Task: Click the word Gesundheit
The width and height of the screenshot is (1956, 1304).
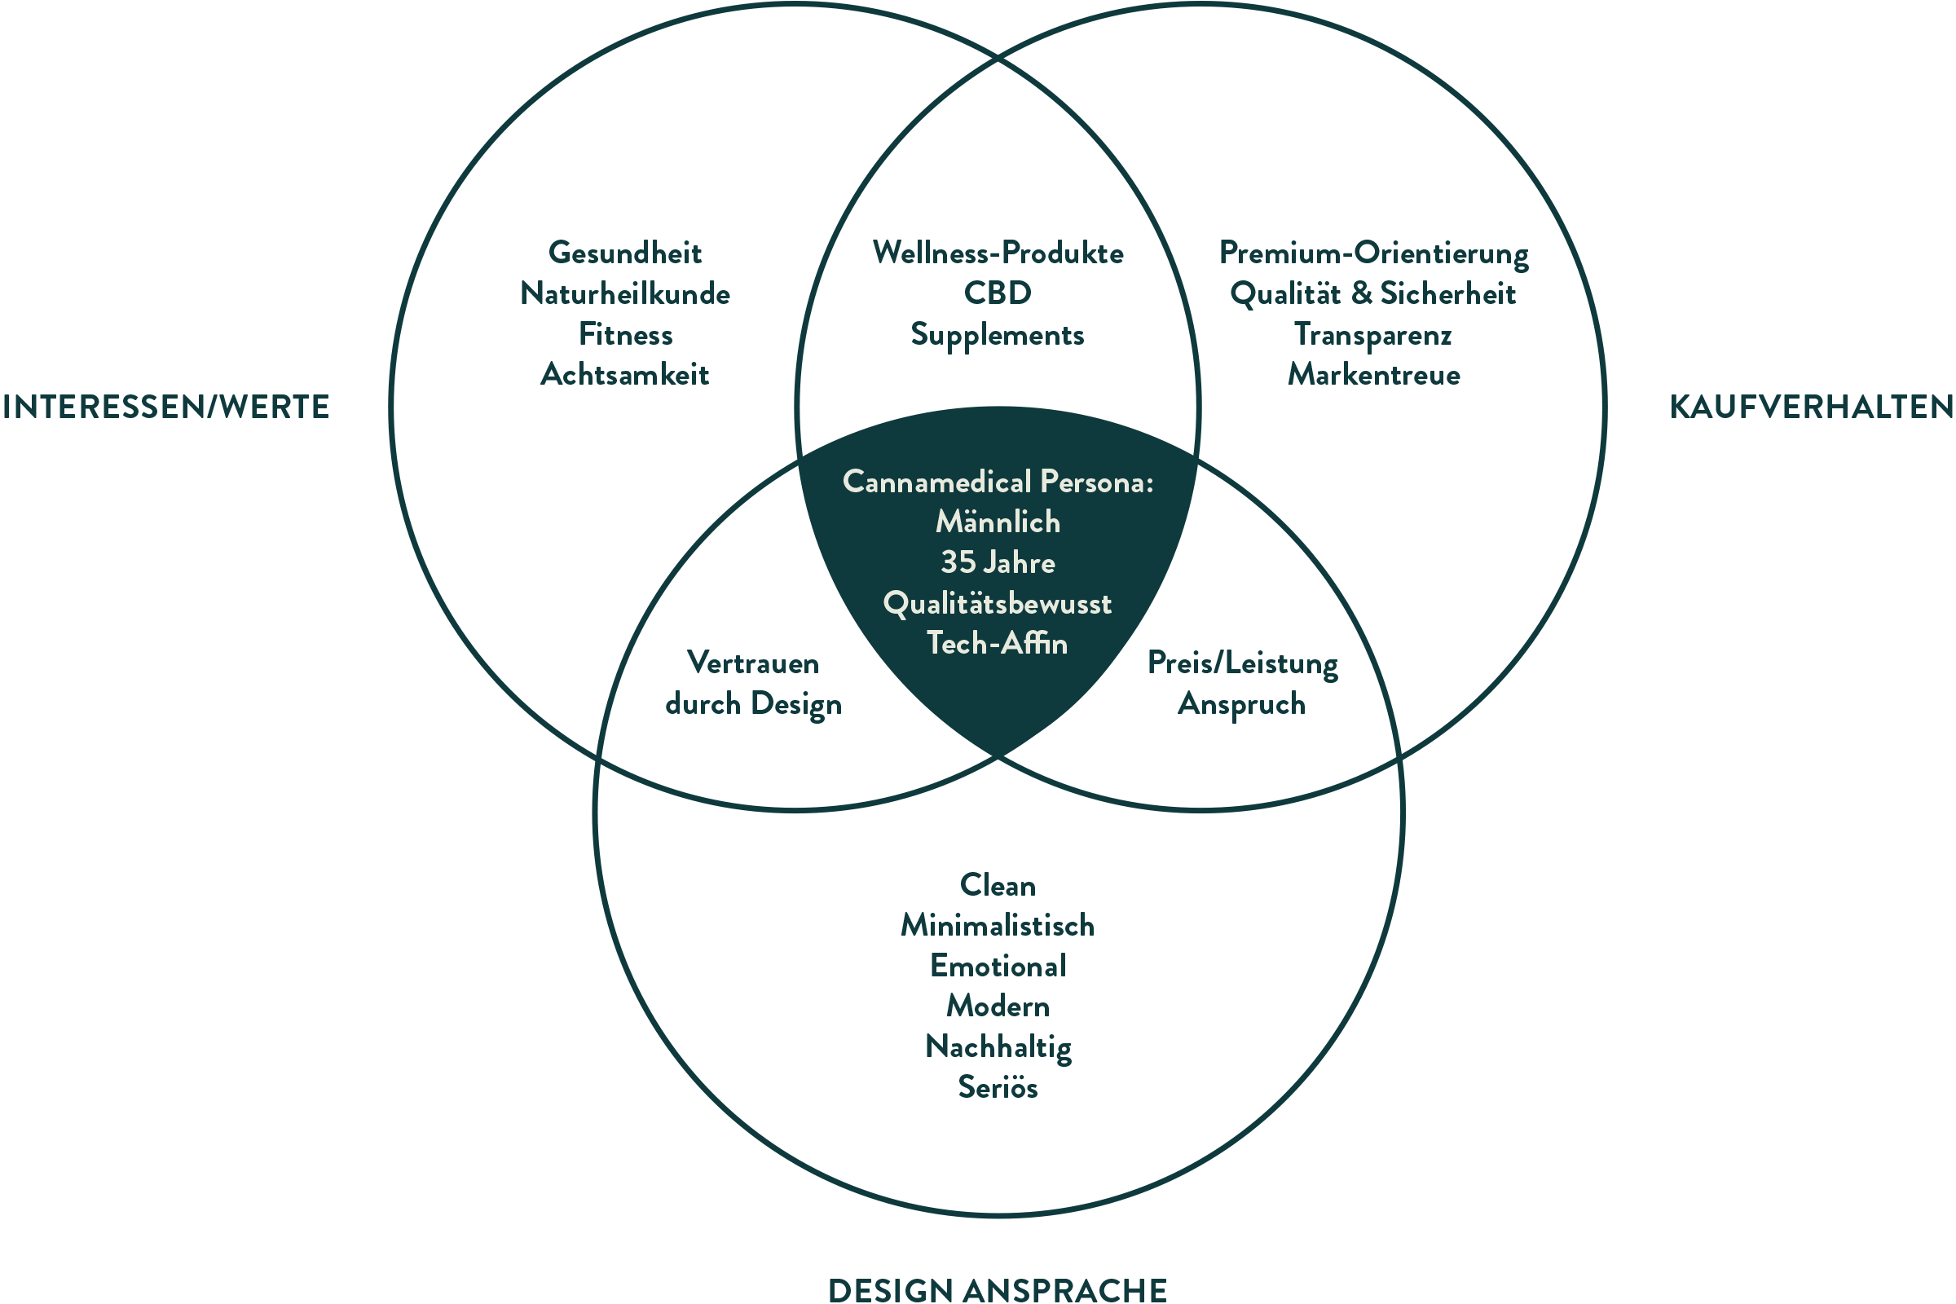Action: click(624, 253)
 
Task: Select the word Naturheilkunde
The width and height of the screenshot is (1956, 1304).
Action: click(624, 293)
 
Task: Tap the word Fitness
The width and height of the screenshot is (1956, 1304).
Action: click(624, 334)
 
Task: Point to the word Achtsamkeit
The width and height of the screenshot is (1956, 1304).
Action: click(624, 375)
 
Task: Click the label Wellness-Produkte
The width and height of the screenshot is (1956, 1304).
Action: click(997, 253)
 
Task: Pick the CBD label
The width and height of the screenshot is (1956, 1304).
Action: click(997, 293)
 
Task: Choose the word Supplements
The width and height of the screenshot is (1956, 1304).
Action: click(997, 335)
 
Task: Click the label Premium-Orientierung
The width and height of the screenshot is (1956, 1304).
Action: click(1373, 253)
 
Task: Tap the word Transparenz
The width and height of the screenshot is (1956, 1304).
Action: click(1373, 335)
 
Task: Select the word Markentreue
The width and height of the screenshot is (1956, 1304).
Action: click(1373, 375)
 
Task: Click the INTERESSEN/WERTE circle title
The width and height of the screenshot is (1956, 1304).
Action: click(167, 407)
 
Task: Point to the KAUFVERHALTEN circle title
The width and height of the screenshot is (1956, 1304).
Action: click(1810, 407)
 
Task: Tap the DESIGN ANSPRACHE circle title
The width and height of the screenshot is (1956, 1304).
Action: click(997, 1289)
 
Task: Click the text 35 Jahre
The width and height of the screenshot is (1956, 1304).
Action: click(997, 563)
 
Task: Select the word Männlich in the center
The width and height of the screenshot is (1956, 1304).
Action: click(997, 522)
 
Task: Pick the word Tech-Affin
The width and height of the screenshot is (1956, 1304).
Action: click(997, 644)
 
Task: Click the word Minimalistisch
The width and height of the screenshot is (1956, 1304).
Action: click(997, 926)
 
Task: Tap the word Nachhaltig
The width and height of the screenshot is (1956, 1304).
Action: click(997, 1047)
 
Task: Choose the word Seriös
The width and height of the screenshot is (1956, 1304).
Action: click(997, 1088)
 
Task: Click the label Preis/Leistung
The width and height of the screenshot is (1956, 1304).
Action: click(1242, 663)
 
